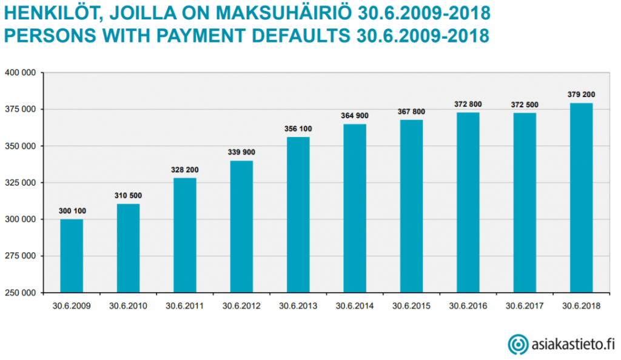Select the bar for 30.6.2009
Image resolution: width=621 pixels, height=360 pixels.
point(72,256)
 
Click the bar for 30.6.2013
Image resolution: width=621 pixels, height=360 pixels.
point(298,215)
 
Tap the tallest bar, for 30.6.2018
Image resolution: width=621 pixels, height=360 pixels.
point(581,198)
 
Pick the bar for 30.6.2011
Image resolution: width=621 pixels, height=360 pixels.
point(185,235)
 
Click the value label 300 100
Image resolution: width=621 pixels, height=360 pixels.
point(72,211)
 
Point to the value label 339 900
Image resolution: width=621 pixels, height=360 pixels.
point(241,152)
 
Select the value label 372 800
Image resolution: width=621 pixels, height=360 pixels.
point(468,104)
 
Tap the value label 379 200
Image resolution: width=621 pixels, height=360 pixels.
point(581,95)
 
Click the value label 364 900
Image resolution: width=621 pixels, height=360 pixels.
point(355,116)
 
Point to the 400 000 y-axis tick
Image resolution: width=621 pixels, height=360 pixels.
point(23,73)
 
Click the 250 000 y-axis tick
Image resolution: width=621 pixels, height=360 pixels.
point(23,293)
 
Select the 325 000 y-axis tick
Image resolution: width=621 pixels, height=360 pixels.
point(23,182)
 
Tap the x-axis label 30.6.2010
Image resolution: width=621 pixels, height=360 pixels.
point(128,306)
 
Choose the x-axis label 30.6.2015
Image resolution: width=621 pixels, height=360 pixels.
point(411,306)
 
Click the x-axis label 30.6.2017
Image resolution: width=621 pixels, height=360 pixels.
point(525,306)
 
